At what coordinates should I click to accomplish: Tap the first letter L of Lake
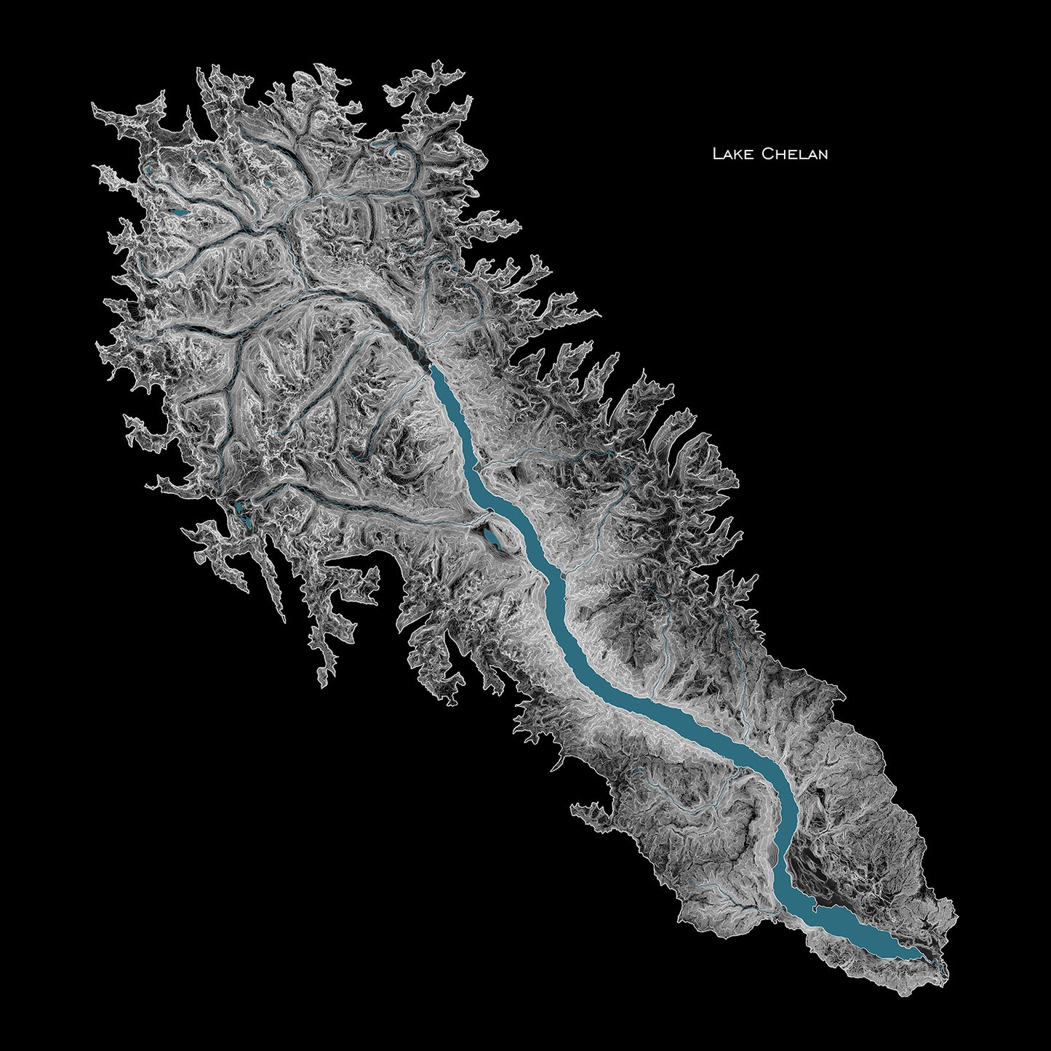tap(716, 154)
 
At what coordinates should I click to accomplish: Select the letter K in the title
tap(736, 155)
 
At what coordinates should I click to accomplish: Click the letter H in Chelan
tap(777, 155)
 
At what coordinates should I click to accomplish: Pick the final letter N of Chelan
tap(822, 155)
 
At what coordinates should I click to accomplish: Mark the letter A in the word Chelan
tap(810, 155)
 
